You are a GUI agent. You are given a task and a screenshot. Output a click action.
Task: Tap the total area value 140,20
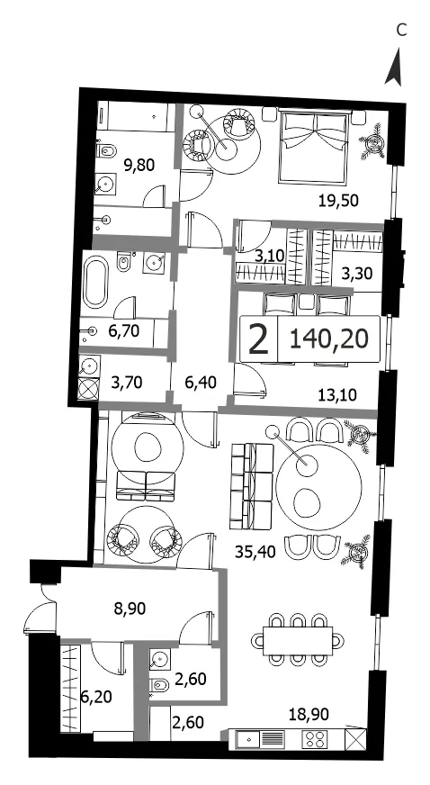pos(329,339)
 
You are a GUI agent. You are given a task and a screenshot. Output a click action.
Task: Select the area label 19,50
pos(338,201)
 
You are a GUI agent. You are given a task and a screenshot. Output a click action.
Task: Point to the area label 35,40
pos(255,552)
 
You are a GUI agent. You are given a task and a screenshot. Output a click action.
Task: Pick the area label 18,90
pos(309,715)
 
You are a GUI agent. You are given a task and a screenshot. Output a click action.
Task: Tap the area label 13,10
pos(338,395)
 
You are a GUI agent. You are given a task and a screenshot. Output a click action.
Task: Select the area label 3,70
pos(127,383)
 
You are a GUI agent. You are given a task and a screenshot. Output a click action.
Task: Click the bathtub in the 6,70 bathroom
pos(95,283)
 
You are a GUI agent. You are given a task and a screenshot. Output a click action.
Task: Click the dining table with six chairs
pos(299,639)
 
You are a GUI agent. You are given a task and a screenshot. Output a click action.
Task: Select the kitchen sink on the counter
pos(248,739)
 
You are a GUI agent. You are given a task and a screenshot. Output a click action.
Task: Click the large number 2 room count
pos(258,339)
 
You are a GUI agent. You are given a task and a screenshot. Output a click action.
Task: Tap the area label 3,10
pos(269,257)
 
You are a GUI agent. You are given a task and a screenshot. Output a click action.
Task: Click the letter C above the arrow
pos(401,31)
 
